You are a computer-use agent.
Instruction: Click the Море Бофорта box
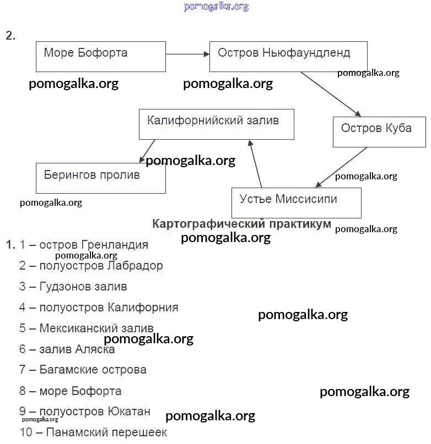(101, 56)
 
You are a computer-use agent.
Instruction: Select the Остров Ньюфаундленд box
(288, 56)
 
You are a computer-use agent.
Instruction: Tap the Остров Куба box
(379, 131)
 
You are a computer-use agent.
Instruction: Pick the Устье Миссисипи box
(297, 202)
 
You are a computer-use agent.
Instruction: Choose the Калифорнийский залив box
(216, 124)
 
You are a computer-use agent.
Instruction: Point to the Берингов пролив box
(100, 178)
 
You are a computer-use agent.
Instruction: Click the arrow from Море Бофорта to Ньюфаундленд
(187, 54)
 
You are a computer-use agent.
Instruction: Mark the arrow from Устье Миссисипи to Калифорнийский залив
(256, 163)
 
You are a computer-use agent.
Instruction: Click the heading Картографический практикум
(241, 224)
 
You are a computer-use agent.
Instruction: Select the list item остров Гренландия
(84, 245)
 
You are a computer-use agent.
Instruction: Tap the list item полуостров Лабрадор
(91, 266)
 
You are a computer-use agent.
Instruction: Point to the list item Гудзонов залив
(73, 287)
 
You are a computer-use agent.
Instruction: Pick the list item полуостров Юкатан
(85, 412)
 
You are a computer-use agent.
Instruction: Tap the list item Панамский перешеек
(93, 432)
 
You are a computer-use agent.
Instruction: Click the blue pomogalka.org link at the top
(216, 7)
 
